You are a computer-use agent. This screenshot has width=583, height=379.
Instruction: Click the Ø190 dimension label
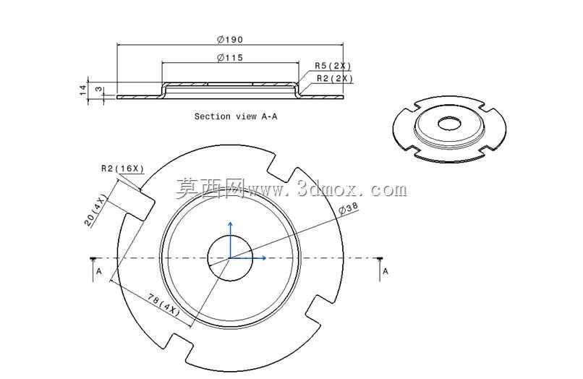click(x=230, y=40)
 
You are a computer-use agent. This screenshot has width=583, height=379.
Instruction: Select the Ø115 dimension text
click(x=230, y=58)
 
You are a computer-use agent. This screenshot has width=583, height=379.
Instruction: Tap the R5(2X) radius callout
click(x=333, y=66)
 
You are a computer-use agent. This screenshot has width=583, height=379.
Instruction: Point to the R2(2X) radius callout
click(x=335, y=79)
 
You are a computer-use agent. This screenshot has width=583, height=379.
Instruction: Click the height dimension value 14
click(x=83, y=90)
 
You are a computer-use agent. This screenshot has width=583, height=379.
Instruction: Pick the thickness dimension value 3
click(x=98, y=89)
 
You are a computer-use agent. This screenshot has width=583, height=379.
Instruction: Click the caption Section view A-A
click(x=236, y=116)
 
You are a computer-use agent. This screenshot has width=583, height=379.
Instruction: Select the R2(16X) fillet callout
click(x=122, y=169)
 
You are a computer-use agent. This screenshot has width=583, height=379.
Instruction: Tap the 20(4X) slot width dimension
click(x=95, y=210)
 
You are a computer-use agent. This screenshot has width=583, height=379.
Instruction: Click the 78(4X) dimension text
click(x=164, y=305)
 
